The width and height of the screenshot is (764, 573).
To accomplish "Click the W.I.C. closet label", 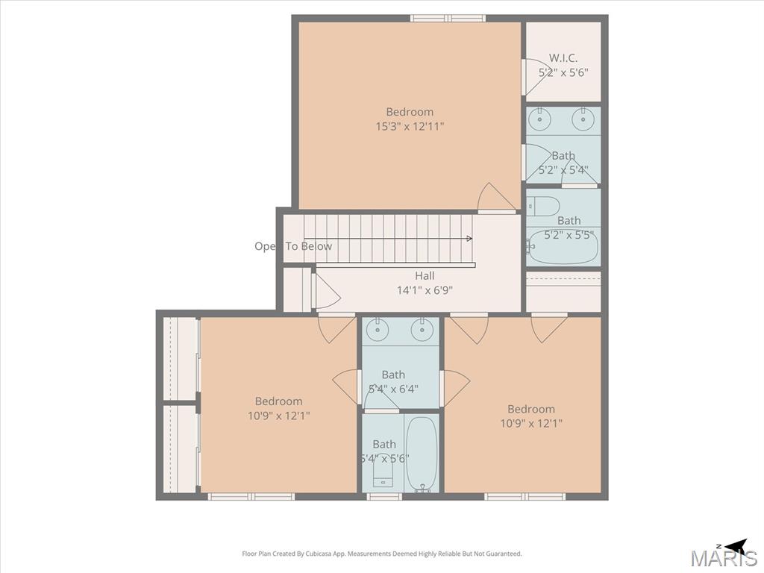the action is pos(563,58).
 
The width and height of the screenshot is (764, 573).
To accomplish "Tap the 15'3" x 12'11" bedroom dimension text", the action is pos(410,127).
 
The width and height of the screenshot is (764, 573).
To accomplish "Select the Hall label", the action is pos(425,276).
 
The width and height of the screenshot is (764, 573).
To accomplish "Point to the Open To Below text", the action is pos(293,246).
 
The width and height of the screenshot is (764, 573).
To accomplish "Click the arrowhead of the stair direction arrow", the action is pos(469,238).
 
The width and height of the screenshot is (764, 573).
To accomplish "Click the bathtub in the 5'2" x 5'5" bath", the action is pos(563,246).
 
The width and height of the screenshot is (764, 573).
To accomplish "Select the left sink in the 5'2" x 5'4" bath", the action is pos(540,120).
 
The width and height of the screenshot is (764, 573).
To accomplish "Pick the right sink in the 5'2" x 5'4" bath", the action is pos(582,120).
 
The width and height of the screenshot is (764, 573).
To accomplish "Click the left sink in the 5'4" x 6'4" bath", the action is pos(377,330).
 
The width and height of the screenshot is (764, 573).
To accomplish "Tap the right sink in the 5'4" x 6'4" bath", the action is pos(422,330).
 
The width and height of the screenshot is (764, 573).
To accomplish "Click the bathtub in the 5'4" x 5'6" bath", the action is pos(422,454).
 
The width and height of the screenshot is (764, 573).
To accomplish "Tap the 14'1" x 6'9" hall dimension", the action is pos(425,291).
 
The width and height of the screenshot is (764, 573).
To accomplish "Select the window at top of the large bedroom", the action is pos(448,19).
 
